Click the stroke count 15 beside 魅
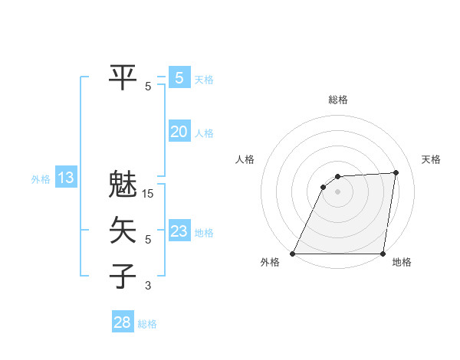(x=148, y=194)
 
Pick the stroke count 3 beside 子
(x=148, y=286)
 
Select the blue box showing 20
(x=179, y=132)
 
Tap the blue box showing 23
(x=179, y=231)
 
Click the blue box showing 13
(x=65, y=178)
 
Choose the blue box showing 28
(x=122, y=322)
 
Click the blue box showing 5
(x=179, y=77)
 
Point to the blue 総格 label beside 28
(x=147, y=324)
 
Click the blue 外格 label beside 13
(x=41, y=179)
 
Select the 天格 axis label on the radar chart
(x=431, y=159)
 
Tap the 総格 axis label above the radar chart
(x=338, y=100)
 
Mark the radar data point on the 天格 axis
(x=396, y=172)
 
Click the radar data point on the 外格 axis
(x=293, y=254)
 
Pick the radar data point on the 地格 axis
(x=383, y=254)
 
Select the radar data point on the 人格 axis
(x=324, y=186)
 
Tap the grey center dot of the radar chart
(x=338, y=191)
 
